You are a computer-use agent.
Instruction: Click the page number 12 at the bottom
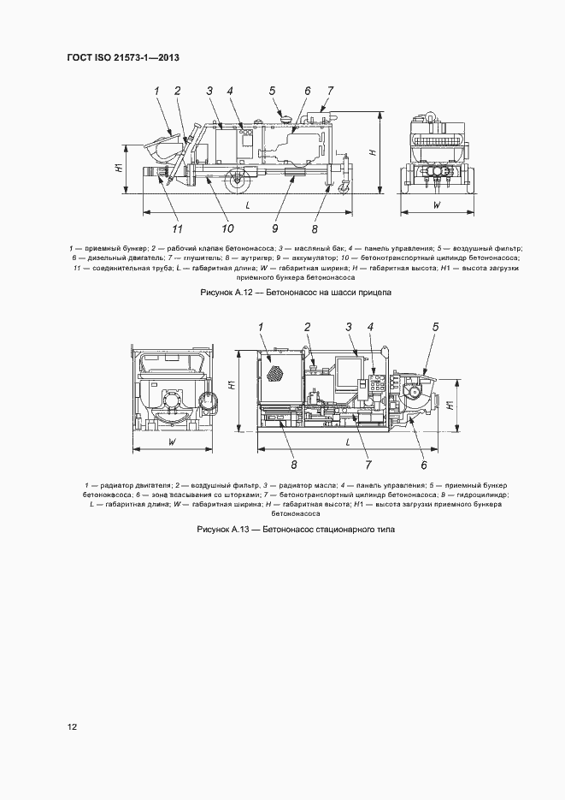pos(73,727)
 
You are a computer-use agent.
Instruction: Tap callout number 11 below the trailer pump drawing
pos(178,228)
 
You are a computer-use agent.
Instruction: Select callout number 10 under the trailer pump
pos(227,228)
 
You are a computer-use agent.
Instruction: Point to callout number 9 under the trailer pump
pos(275,228)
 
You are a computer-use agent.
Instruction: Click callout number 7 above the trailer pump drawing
pos(330,91)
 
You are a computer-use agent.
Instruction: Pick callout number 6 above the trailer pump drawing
pos(307,91)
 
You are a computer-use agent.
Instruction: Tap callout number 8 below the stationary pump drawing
pos(293,465)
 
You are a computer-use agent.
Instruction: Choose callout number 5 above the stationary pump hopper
pos(435,326)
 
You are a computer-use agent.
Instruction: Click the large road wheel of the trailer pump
pos(238,181)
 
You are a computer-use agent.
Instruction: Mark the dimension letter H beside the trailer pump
pos(373,151)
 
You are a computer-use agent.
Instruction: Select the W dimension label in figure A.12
pos(436,205)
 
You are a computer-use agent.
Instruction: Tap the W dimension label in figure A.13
pos(173,442)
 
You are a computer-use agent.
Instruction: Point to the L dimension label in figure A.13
pos(348,441)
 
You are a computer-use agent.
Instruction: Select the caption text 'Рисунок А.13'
pos(225,530)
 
